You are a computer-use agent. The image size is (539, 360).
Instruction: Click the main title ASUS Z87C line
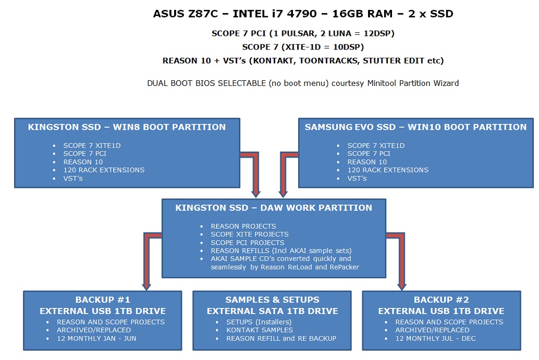pos(303,14)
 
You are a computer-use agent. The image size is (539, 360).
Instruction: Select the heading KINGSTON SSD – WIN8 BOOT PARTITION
pos(127,127)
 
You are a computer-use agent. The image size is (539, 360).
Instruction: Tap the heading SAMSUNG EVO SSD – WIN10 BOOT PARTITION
pos(415,127)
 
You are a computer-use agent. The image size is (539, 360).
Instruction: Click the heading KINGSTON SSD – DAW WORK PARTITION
pos(274,208)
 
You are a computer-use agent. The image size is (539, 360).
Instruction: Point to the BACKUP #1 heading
pos(103,300)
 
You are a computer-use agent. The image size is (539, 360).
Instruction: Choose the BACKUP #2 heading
pos(441,300)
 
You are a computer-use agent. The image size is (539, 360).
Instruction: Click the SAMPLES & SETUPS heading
pos(272,300)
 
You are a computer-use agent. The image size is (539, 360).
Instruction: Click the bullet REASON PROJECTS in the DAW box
pos(243,227)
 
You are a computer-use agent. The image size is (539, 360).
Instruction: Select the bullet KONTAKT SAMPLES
pos(259,330)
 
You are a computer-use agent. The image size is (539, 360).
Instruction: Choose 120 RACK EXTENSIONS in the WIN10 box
pos(388,170)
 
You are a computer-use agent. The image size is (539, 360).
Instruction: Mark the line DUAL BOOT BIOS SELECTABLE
pos(303,83)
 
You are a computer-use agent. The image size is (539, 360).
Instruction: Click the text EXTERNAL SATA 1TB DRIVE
pos(272,311)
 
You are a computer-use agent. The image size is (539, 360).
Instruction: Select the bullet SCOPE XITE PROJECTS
pos(250,234)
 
